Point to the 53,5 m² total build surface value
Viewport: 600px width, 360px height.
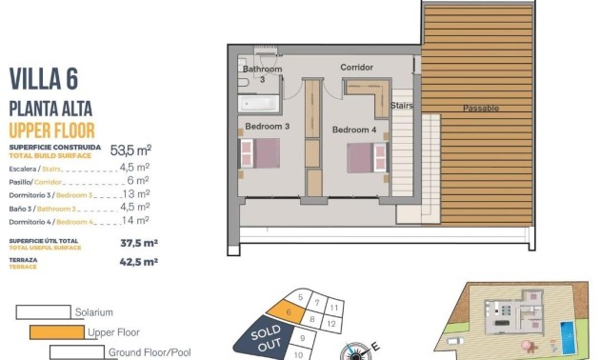pyautogui.click(x=131, y=150)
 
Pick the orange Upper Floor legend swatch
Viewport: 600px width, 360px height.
pyautogui.click(x=56, y=332)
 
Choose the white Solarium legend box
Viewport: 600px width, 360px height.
pyautogui.click(x=43, y=311)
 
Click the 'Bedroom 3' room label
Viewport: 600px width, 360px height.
pyautogui.click(x=267, y=126)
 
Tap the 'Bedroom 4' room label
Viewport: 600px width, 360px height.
pyautogui.click(x=353, y=130)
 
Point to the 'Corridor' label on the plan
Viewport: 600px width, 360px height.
pyautogui.click(x=356, y=68)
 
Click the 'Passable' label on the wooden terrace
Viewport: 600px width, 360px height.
pyautogui.click(x=480, y=109)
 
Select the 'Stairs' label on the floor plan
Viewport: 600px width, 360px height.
pyautogui.click(x=402, y=108)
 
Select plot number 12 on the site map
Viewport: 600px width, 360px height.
pyautogui.click(x=330, y=324)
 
